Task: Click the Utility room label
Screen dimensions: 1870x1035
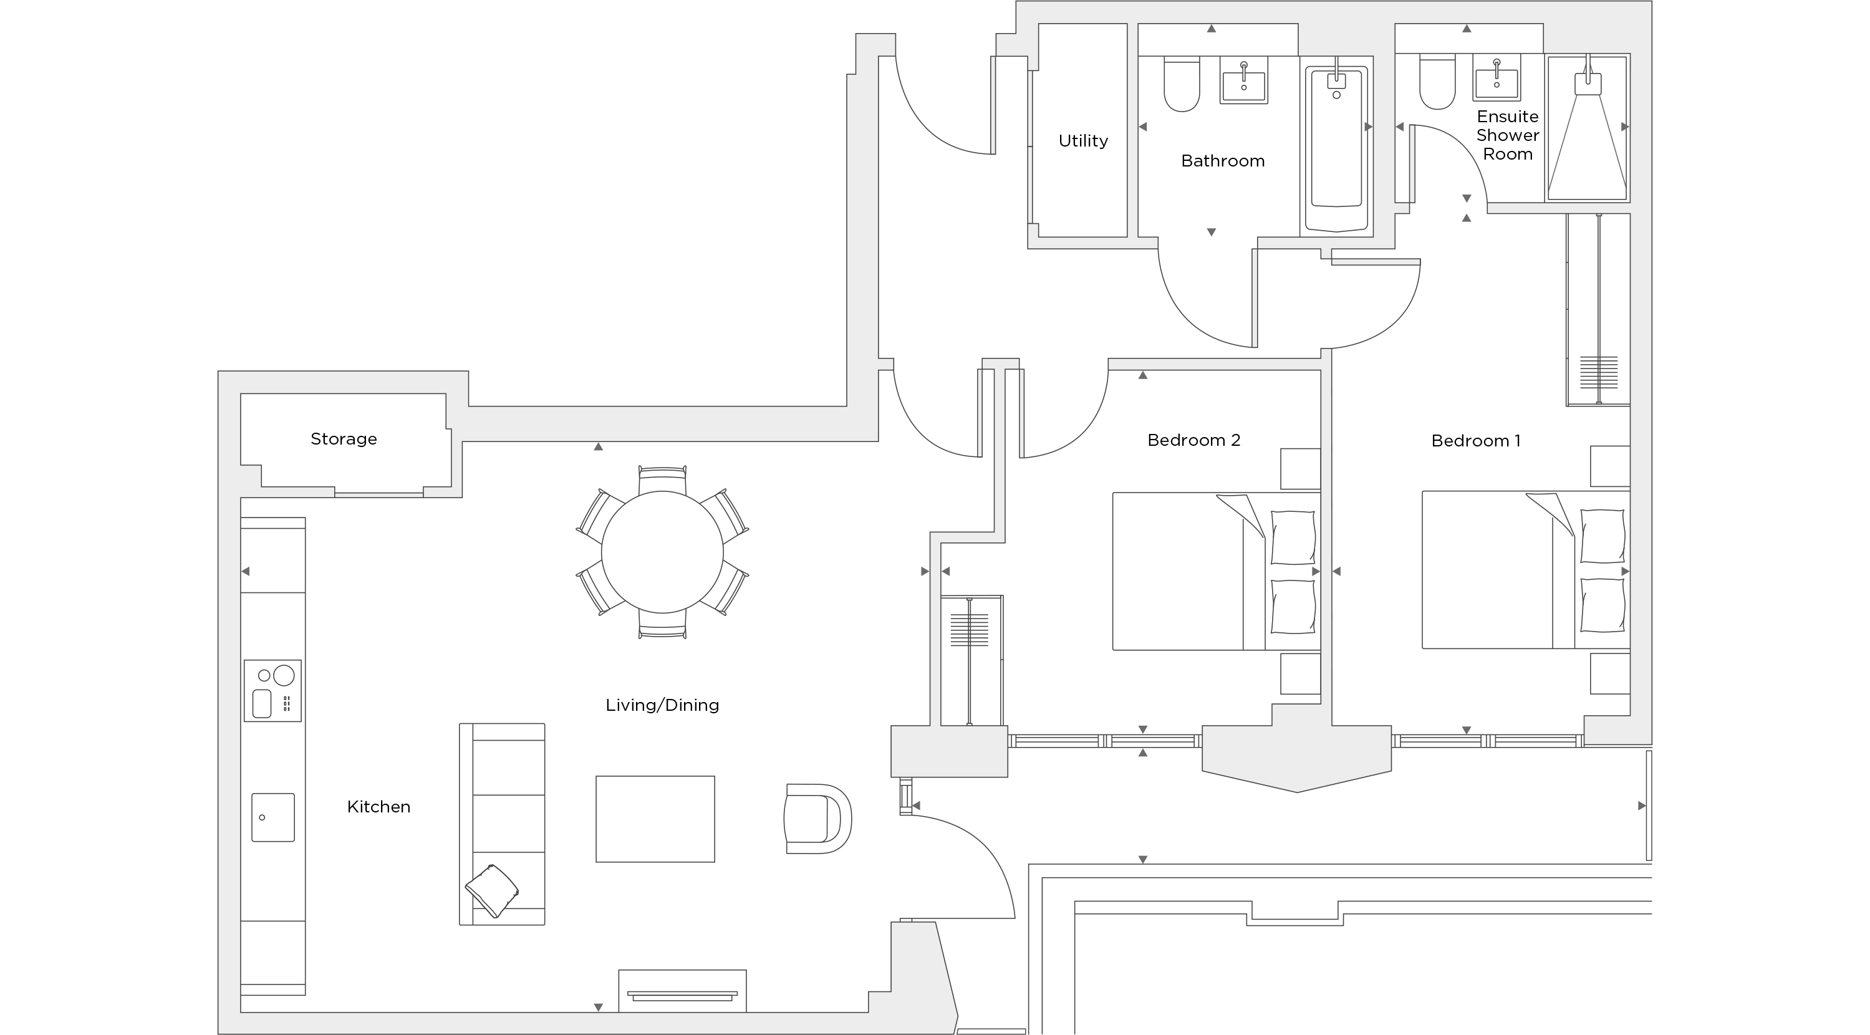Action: [x=1082, y=141]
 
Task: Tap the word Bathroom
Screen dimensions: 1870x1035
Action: [x=1223, y=160]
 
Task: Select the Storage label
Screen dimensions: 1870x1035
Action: [x=344, y=438]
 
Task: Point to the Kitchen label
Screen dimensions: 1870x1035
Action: [x=378, y=806]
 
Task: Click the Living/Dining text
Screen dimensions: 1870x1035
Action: [x=662, y=705]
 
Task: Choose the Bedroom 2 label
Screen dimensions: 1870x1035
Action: [x=1193, y=440]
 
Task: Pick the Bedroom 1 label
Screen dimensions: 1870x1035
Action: [x=1475, y=441]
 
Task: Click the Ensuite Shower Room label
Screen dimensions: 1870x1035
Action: [x=1507, y=135]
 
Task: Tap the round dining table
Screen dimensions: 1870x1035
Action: [x=662, y=552]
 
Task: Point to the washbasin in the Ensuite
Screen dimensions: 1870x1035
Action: [x=1496, y=80]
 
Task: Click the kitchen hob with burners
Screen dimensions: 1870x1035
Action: [x=272, y=690]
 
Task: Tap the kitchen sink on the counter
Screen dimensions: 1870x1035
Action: [x=273, y=817]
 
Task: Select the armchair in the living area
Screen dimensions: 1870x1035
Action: [x=817, y=818]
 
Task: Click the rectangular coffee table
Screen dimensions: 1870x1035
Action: [x=655, y=819]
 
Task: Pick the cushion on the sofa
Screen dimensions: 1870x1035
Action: [x=491, y=890]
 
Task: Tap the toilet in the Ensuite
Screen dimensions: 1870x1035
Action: [x=1437, y=84]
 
